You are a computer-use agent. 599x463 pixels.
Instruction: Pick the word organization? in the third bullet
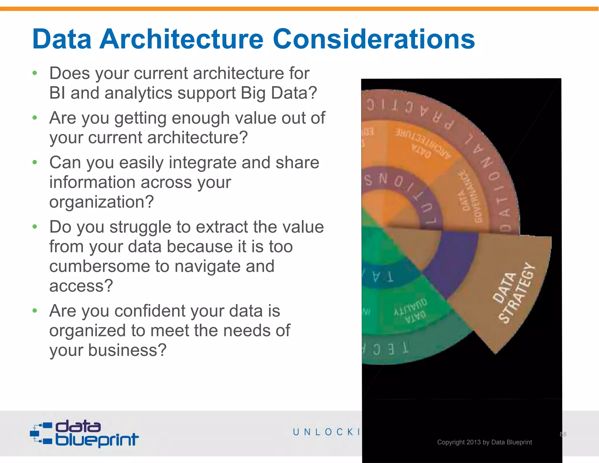pos(101,202)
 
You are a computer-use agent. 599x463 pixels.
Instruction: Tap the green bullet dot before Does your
pos(35,73)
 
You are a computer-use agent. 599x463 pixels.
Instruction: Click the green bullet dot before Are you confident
pos(35,311)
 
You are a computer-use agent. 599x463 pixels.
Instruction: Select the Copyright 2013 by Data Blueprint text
pos(484,442)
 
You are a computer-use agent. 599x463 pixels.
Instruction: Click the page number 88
pos(563,434)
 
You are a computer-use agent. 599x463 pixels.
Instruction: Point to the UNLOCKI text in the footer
pos(326,432)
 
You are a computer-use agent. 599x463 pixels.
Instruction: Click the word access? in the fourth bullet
pos(81,286)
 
